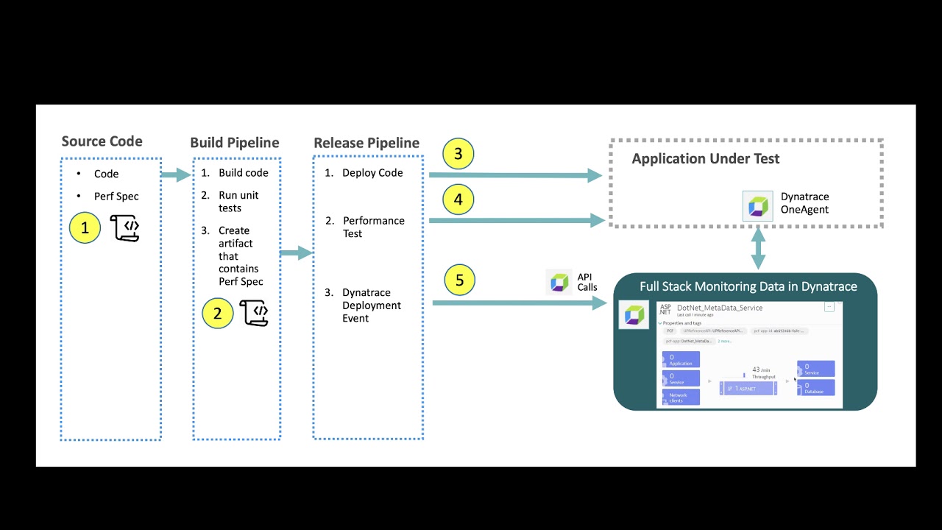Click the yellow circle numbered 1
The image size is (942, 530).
pos(85,228)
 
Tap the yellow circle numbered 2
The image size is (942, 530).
pos(217,314)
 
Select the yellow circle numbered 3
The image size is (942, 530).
pos(458,154)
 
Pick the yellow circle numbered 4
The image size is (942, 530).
pos(458,199)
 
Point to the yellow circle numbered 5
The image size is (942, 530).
pos(460,280)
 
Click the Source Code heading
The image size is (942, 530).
pos(102,141)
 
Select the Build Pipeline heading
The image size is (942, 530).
pos(234,143)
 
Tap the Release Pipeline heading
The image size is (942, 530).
pos(366,143)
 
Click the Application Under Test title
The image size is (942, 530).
pos(705,158)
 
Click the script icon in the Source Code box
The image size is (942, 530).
pos(125,228)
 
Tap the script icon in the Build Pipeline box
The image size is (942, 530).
pos(254,313)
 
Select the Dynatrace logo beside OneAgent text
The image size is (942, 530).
pos(758,205)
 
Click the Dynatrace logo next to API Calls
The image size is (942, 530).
pos(559,282)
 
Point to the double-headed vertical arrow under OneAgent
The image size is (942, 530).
pos(758,248)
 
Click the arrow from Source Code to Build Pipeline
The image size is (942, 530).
pos(177,174)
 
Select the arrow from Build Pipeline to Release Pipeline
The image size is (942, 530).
pos(296,253)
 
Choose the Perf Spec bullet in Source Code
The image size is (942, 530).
pos(116,197)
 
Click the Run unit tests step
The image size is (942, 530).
pos(238,202)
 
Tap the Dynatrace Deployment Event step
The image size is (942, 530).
pos(371,305)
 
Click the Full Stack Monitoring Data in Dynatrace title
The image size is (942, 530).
pos(748,286)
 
